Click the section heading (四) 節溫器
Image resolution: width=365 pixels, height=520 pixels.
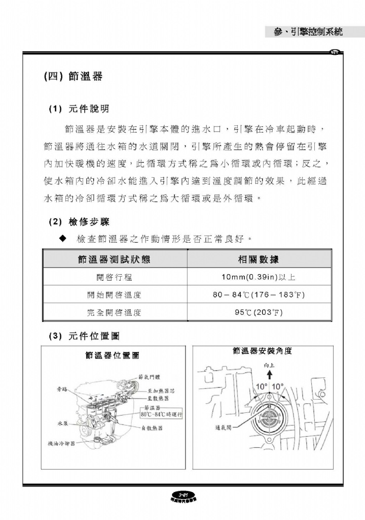click(74, 77)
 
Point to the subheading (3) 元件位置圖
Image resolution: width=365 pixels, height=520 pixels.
click(84, 336)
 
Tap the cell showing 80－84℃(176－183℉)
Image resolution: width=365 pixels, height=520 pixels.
click(260, 295)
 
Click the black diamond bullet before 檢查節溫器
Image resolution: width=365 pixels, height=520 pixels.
click(63, 238)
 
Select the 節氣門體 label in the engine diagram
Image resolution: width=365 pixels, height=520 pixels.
click(149, 376)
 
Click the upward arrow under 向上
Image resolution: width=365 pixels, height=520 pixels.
click(269, 374)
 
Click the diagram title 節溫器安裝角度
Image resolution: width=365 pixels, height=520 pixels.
click(262, 350)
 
